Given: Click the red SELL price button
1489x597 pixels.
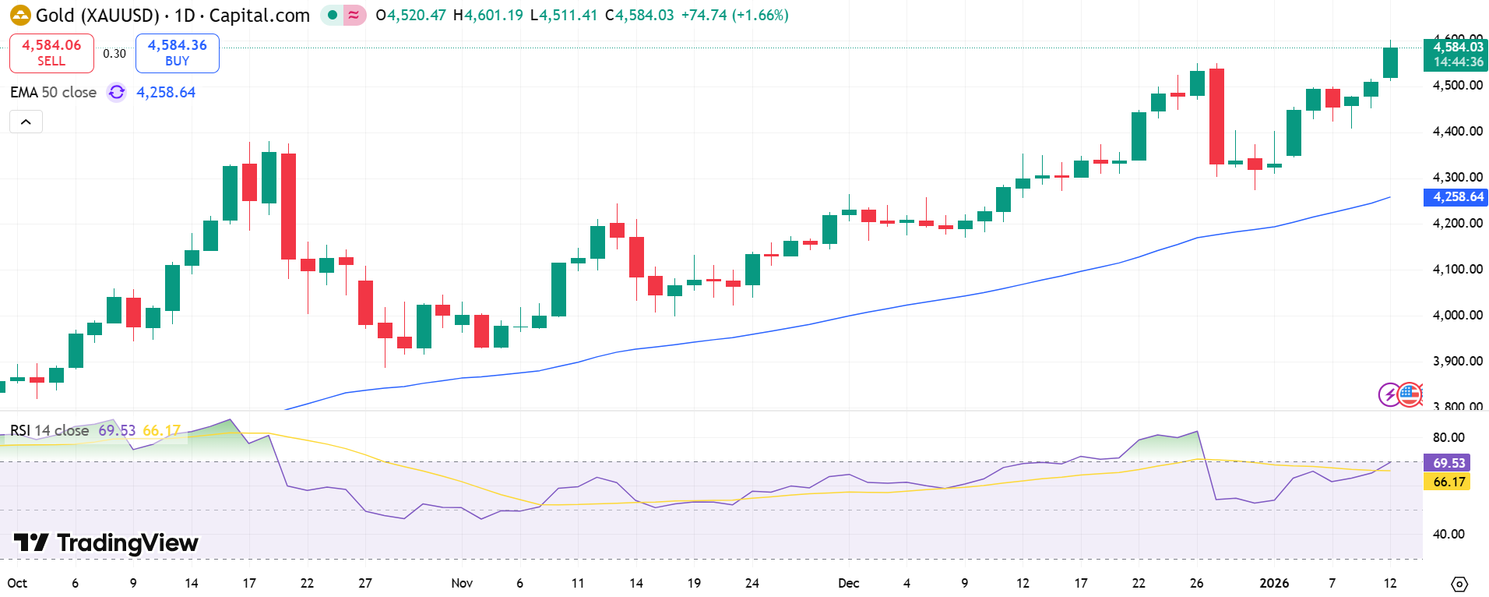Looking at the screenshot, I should (x=51, y=53).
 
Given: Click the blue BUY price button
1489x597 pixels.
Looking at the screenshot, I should (x=177, y=53).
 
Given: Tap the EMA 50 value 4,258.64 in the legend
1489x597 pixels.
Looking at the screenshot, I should (x=166, y=92).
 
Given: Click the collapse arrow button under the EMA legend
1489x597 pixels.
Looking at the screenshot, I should (x=26, y=122).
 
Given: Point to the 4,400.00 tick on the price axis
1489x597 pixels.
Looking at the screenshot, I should (x=1457, y=131).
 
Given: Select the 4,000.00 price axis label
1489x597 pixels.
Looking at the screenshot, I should (x=1457, y=315).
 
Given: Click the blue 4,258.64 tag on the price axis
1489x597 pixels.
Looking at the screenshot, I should (x=1455, y=197).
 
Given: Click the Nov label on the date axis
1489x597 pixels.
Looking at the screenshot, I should (x=462, y=583).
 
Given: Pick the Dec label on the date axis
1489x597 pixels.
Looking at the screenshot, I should (x=848, y=583).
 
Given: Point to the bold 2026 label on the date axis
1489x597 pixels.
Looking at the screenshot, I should (x=1274, y=583).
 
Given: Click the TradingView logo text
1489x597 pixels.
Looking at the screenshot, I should (x=107, y=542).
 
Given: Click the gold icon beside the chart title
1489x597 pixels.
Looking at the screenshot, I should (x=20, y=15).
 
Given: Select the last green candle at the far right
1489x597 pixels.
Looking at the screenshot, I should (x=1390, y=62).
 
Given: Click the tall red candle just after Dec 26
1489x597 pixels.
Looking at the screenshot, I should (x=1216, y=116).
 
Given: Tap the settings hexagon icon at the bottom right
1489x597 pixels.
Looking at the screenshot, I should (x=1459, y=584).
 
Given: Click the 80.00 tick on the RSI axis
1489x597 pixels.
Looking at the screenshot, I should (x=1448, y=437).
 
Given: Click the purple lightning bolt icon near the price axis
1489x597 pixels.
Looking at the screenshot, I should (x=1389, y=394).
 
